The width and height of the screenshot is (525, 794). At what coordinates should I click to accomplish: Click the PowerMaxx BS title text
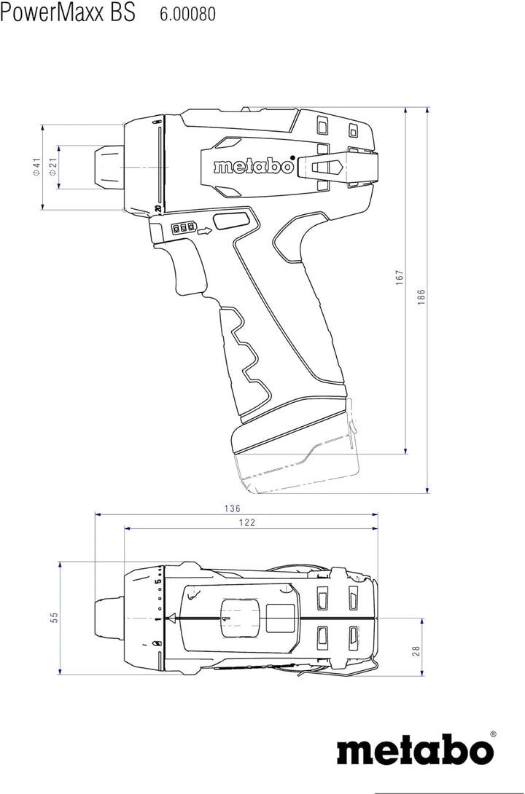67,14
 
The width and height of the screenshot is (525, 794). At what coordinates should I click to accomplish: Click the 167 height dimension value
399,278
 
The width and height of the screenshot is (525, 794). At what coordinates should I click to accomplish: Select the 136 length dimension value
232,508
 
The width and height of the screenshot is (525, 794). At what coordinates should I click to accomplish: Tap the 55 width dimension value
54,618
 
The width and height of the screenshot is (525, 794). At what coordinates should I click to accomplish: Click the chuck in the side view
106,168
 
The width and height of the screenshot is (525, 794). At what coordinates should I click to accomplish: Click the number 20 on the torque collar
157,209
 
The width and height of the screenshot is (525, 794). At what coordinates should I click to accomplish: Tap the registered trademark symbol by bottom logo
493,734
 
